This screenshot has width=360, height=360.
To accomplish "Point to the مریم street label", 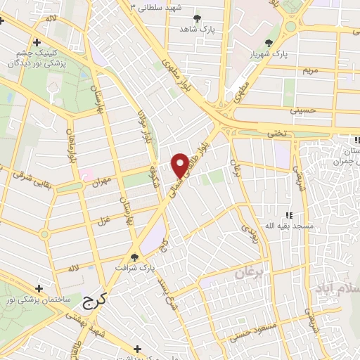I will pyautogui.click(x=311, y=72).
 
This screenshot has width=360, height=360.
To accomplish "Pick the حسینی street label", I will pyautogui.click(x=304, y=110).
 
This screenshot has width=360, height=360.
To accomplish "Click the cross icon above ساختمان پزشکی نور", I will pyautogui.click(x=39, y=289).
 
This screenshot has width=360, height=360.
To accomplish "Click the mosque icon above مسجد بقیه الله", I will pyautogui.click(x=288, y=216).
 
